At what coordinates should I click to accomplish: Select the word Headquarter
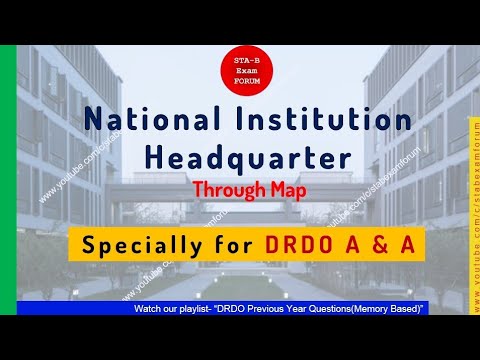[x=240, y=157]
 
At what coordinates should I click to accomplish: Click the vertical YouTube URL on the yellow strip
[x=473, y=210]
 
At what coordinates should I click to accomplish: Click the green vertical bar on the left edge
[x=7, y=180]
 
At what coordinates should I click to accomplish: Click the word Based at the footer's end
[x=411, y=309]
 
